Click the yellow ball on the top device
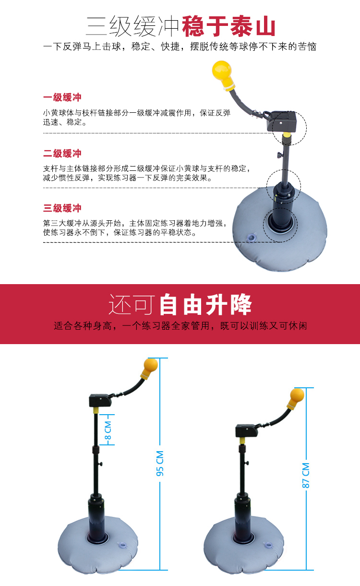point(222,70)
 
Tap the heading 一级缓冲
point(62,97)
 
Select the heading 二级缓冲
point(62,153)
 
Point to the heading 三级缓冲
point(62,208)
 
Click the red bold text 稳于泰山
point(228,26)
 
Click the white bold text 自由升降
point(205,305)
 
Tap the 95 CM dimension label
point(160,464)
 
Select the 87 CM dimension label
point(306,475)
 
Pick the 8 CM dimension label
point(108,431)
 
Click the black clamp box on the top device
point(282,120)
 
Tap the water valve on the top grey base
point(252,237)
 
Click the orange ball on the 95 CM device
point(151,365)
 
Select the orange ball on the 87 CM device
point(297,395)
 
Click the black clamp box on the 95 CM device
point(100,401)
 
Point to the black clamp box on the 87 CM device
point(246,431)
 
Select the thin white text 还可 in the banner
point(131,305)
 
